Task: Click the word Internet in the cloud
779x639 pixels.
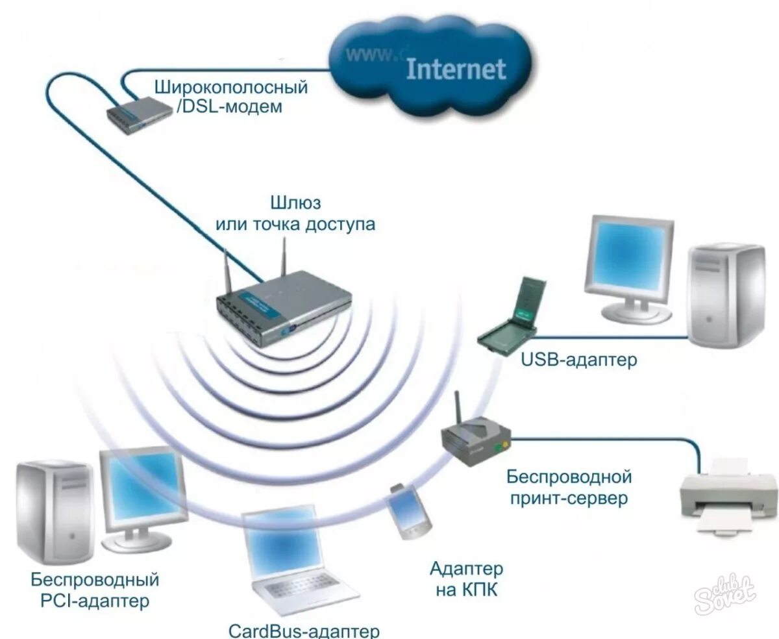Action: [x=455, y=68]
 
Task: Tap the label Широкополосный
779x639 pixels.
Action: [x=231, y=86]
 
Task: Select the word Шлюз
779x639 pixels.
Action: [x=295, y=203]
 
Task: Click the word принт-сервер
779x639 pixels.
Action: [x=568, y=499]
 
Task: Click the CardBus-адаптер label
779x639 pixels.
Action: [x=304, y=631]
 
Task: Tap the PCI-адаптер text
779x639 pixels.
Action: [x=94, y=600]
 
